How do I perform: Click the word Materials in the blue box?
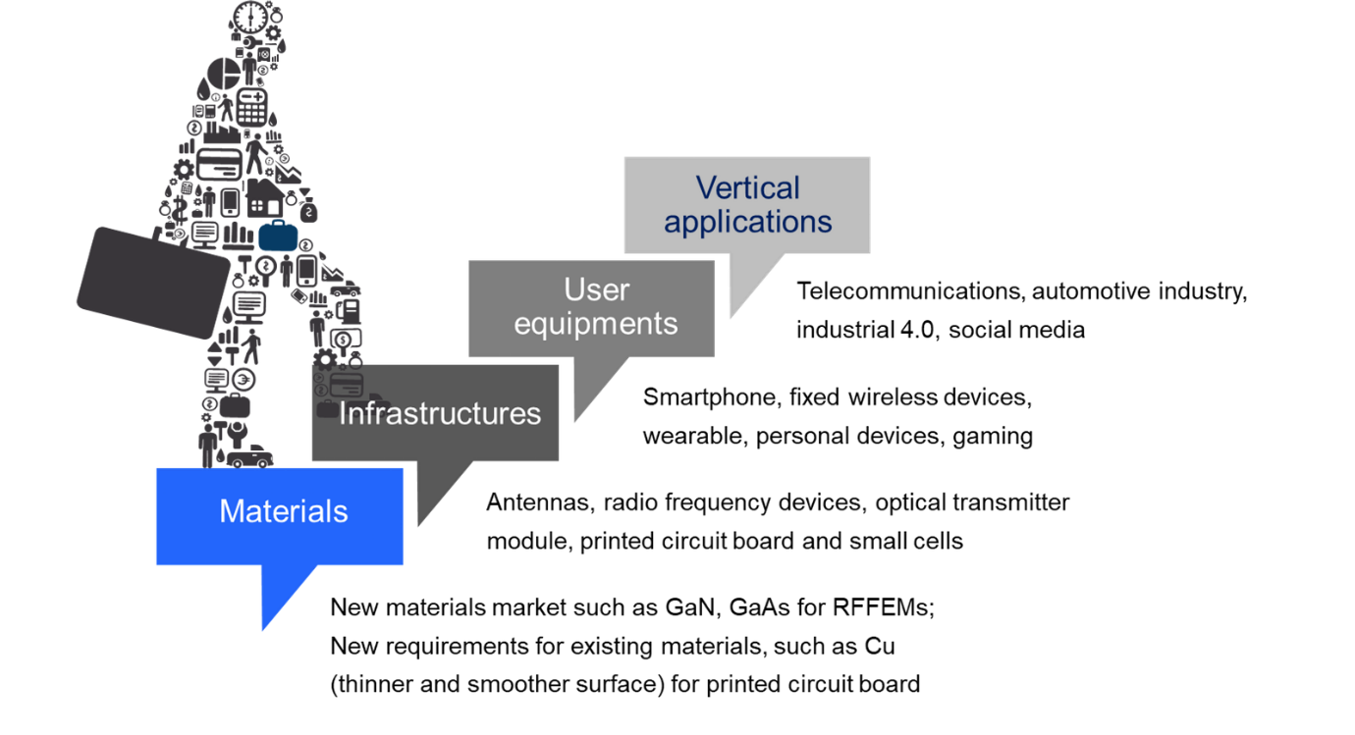(x=283, y=511)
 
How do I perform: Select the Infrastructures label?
(x=439, y=413)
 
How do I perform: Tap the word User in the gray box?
(x=596, y=289)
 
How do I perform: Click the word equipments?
(x=596, y=324)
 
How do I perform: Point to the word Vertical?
(x=747, y=187)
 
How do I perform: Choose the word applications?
(x=747, y=222)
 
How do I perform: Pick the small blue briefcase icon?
(x=278, y=236)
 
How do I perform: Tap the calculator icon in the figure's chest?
(x=251, y=107)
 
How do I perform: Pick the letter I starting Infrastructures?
(x=343, y=413)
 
